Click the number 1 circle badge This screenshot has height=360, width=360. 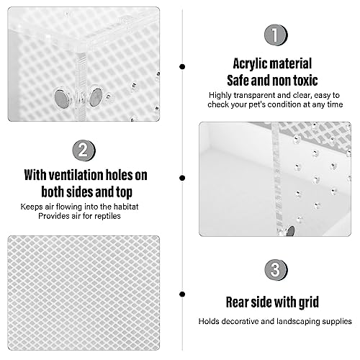(276, 35)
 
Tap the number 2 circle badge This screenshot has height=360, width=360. (84, 150)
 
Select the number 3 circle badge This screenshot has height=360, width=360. (276, 270)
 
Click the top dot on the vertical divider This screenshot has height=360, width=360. (182, 66)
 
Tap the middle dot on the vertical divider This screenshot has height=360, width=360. (182, 178)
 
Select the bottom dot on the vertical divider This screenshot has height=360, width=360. (182, 294)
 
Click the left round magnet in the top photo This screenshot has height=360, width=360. (62, 98)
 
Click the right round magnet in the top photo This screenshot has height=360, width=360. (96, 97)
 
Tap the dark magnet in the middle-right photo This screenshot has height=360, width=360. (291, 231)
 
